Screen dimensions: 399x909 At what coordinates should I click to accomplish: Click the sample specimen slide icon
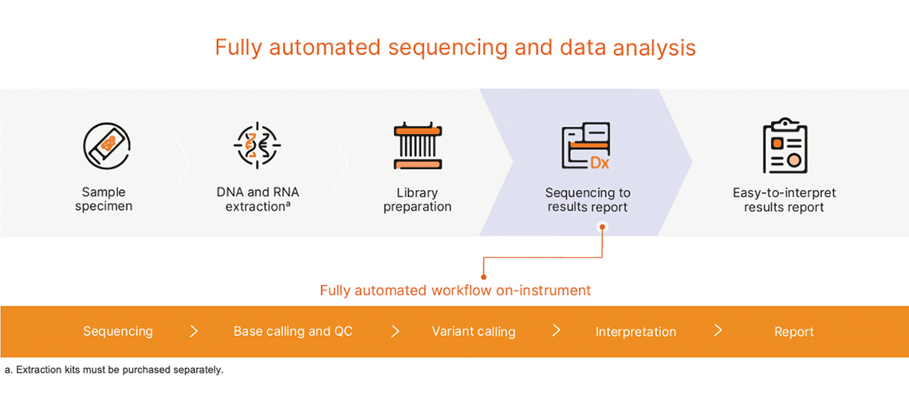point(106,145)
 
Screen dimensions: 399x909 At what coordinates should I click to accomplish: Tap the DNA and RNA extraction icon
point(258,145)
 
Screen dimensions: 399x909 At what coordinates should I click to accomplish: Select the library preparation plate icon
point(417,145)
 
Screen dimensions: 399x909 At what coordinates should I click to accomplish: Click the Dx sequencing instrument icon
point(586,145)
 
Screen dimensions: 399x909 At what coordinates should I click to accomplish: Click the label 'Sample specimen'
point(104,199)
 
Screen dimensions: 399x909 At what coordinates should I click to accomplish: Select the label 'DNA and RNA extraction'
point(258,199)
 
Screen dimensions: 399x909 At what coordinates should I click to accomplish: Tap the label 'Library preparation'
point(417,199)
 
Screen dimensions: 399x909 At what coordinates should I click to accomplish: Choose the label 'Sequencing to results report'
point(588,200)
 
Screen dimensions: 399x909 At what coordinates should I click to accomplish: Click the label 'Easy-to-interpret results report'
point(784,200)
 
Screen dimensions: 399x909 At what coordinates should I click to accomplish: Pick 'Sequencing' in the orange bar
point(118,331)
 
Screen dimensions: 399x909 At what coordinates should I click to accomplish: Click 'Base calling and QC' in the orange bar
point(293,331)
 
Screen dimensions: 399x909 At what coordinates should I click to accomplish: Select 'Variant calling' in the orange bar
point(474,331)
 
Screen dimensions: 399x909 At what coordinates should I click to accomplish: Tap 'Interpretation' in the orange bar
point(636,332)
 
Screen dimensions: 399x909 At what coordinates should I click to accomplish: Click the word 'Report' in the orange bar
point(793,332)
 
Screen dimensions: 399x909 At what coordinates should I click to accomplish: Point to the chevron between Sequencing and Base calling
point(194,331)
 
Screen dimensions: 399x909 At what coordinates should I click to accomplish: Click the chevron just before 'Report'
point(718,330)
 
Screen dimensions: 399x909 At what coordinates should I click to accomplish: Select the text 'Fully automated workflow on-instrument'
point(455,290)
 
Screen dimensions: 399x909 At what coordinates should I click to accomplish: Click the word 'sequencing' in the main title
point(438,48)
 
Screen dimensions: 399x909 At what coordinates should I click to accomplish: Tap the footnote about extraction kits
point(114,370)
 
